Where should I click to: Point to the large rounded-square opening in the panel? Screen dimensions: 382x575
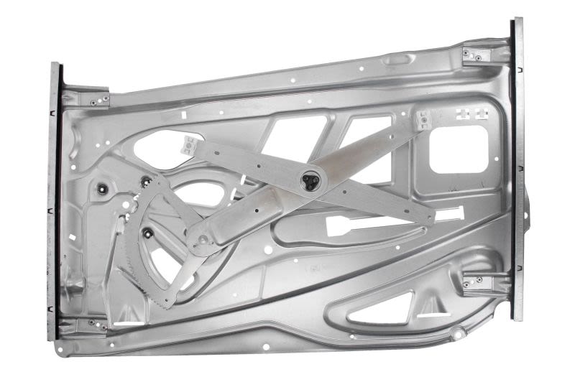(x=458, y=149)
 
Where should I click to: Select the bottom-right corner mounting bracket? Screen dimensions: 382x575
(x=474, y=282)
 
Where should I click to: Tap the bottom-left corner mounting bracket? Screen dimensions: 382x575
(x=91, y=325)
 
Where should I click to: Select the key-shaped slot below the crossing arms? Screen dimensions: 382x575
(x=352, y=225)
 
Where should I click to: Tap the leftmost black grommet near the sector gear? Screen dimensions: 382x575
(x=102, y=190)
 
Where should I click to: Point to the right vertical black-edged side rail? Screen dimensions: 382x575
(x=517, y=169)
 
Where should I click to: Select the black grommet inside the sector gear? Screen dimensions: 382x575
(x=147, y=231)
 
